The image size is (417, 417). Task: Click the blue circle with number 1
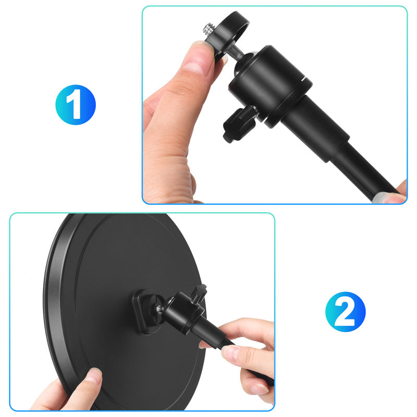click(76, 105)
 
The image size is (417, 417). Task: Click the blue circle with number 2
click(346, 312)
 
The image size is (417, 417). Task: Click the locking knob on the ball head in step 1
click(239, 124)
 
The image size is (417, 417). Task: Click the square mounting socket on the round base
click(147, 311)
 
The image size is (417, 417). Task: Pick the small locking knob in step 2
click(200, 292)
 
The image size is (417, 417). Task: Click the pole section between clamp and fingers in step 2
click(210, 333)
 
